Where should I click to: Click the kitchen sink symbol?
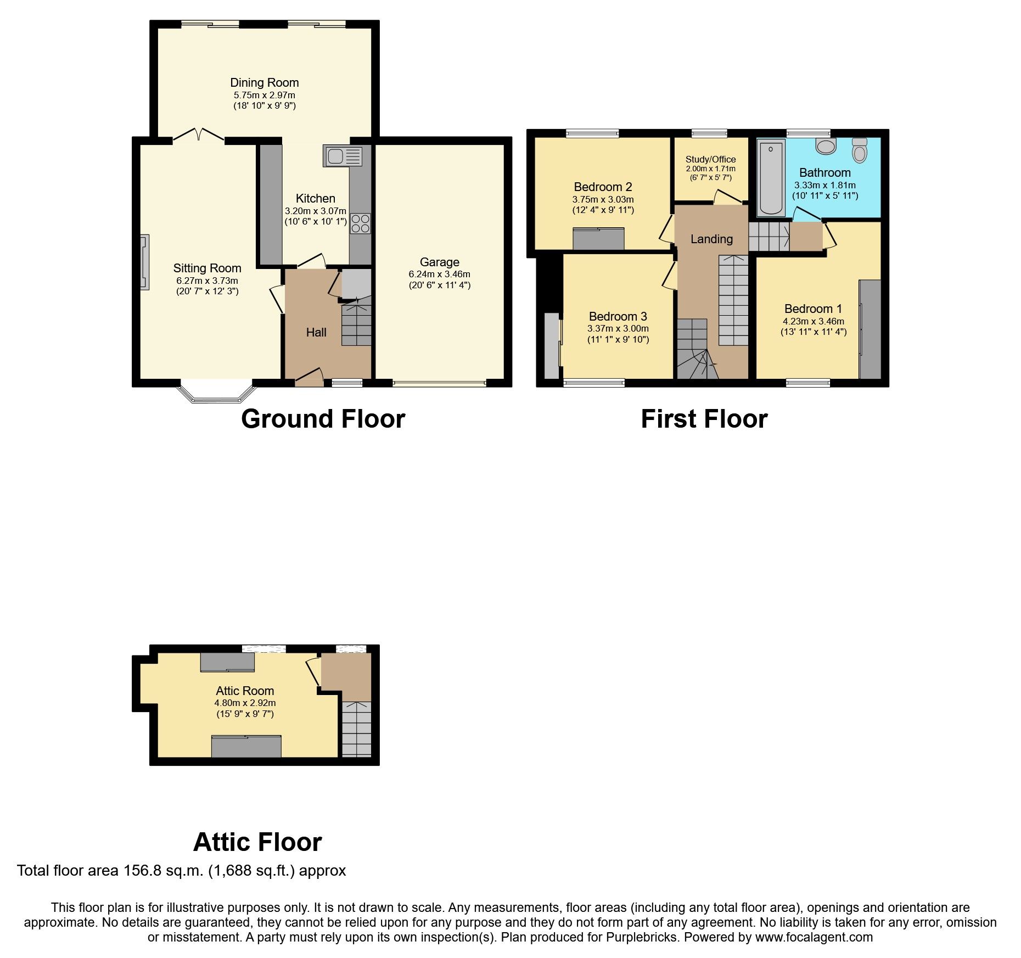(343, 156)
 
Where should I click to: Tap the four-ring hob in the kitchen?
(361, 223)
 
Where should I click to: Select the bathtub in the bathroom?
(771, 177)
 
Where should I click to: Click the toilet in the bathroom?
(860, 150)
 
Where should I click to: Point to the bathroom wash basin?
(825, 146)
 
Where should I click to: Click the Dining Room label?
(264, 83)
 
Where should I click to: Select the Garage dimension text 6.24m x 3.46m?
(439, 274)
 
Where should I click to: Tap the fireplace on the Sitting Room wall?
(144, 262)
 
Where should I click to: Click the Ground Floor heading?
(323, 419)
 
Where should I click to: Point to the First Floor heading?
(704, 419)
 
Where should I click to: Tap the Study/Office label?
(710, 159)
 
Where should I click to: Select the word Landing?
(711, 239)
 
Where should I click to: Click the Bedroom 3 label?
(618, 316)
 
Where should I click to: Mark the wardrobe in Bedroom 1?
(870, 329)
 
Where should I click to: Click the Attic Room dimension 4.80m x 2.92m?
(245, 703)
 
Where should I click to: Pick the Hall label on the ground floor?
(316, 332)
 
